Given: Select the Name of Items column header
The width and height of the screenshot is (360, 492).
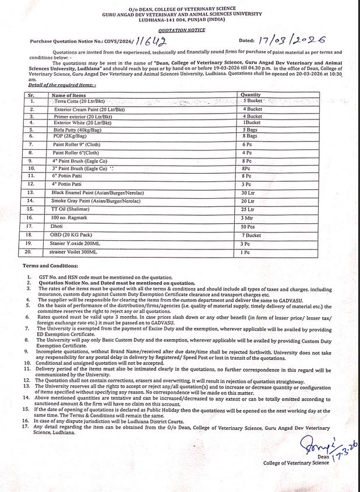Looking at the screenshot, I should pos(69,94).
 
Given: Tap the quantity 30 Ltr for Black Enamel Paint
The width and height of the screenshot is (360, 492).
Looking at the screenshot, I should pos(249,192).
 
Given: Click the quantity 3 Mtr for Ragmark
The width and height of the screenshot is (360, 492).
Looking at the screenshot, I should pos(248,217).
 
